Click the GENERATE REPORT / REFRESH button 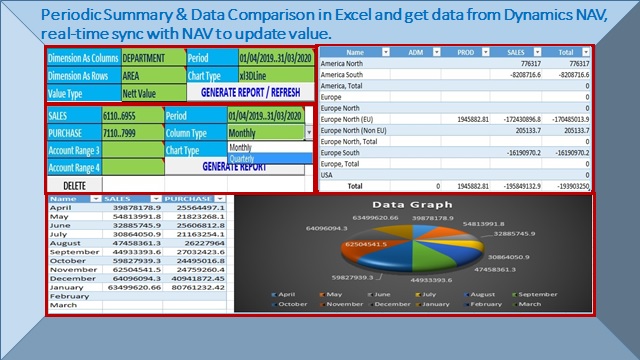(x=250, y=91)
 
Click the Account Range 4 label (x=74, y=167)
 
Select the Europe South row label (x=345, y=153)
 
